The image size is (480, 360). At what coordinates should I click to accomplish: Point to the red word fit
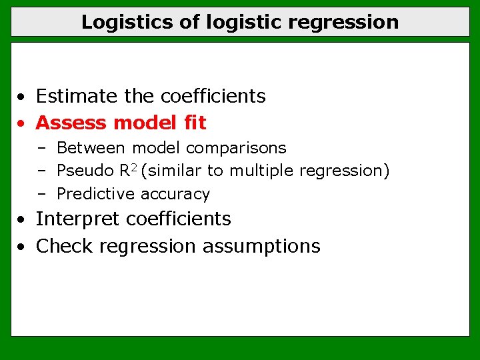(x=195, y=123)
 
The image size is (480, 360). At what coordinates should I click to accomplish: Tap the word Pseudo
(x=86, y=171)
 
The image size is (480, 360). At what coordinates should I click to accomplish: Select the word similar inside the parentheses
(x=173, y=171)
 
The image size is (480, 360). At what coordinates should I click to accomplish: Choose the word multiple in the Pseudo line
(x=262, y=171)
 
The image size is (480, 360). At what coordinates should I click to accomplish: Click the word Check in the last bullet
(x=65, y=246)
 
